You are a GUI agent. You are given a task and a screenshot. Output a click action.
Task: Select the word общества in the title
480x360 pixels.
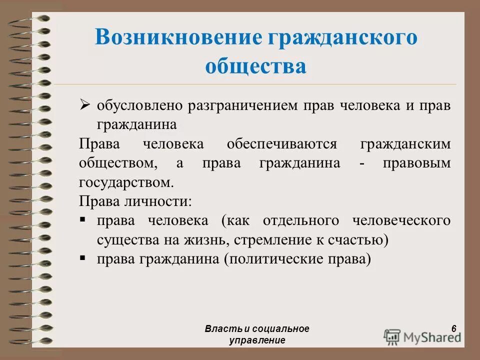255,66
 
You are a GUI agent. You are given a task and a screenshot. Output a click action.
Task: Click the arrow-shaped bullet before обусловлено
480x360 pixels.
85,106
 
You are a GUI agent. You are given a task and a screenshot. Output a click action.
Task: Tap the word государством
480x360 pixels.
126,182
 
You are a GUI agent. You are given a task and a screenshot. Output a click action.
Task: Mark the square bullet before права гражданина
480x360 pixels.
83,258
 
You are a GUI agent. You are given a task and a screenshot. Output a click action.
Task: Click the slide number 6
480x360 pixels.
453,328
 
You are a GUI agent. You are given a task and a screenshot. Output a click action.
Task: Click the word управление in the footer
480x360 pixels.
257,340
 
